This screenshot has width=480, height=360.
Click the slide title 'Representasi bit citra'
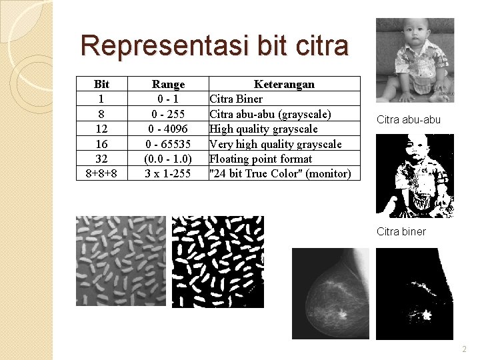pyautogui.click(x=214, y=45)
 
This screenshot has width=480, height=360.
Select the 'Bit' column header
pyautogui.click(x=102, y=84)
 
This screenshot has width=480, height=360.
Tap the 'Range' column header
pyautogui.click(x=168, y=84)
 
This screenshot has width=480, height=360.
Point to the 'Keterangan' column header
pyautogui.click(x=284, y=84)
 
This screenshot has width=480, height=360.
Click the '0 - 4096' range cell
pyautogui.click(x=168, y=129)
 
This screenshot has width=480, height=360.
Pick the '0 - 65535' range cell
pyautogui.click(x=168, y=144)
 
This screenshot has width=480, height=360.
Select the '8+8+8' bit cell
pyautogui.click(x=102, y=173)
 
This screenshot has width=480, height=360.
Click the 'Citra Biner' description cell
pyautogui.click(x=236, y=99)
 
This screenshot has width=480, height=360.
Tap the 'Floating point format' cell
pyautogui.click(x=261, y=159)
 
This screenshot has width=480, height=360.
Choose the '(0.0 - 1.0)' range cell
pyautogui.click(x=168, y=159)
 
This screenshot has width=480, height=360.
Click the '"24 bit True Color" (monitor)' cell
pyautogui.click(x=280, y=173)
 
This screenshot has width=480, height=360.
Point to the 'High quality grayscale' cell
pyautogui.click(x=263, y=129)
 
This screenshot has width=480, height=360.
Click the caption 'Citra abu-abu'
pyautogui.click(x=409, y=120)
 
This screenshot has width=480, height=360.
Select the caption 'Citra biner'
pyautogui.click(x=401, y=231)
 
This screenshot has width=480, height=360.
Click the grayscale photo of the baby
pyautogui.click(x=415, y=60)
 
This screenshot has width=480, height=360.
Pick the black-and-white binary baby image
pyautogui.click(x=415, y=176)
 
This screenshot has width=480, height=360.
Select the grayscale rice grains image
pyautogui.click(x=121, y=261)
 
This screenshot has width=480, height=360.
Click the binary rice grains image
pyautogui.click(x=217, y=261)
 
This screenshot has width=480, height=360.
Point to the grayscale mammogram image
pyautogui.click(x=331, y=293)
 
